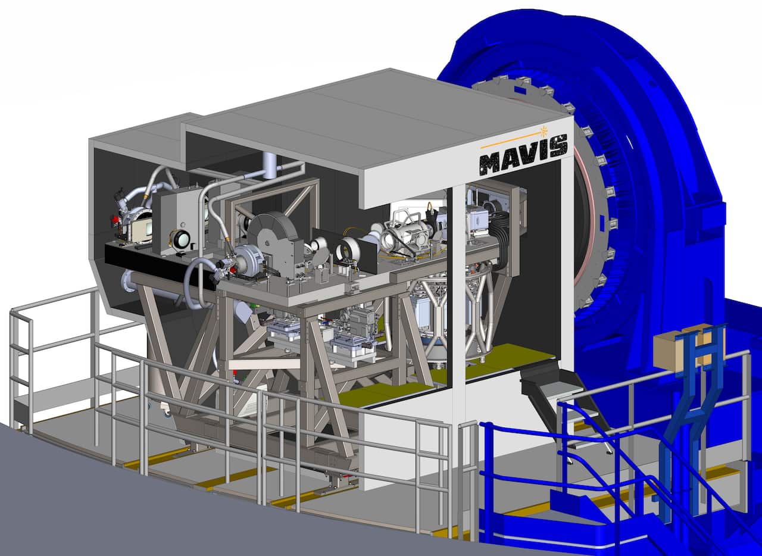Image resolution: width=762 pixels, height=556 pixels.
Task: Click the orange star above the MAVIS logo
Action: [544, 130]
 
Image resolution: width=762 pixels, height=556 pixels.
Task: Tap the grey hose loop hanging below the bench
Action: [193, 286]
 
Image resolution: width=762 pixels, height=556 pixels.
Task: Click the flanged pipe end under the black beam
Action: [127, 282]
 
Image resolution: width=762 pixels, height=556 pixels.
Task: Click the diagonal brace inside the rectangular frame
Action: [301, 199]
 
